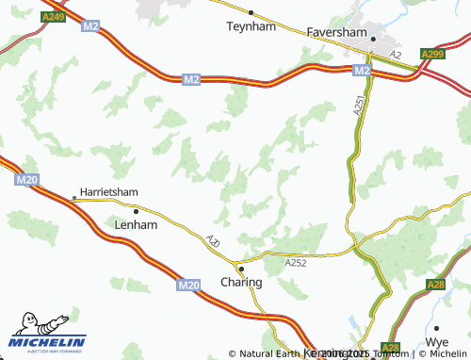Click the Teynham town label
point(250,27)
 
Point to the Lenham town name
point(136,225)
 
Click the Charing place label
point(241,282)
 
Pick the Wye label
point(437,341)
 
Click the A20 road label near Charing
point(214,243)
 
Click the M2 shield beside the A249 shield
point(90,26)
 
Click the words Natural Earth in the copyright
point(270,353)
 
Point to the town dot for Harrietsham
point(74,198)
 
